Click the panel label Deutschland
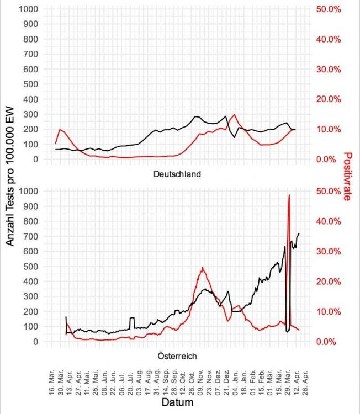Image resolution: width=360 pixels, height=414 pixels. click(176, 174)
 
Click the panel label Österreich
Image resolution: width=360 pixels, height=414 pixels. click(176, 356)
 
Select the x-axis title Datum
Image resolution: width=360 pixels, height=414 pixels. click(177, 403)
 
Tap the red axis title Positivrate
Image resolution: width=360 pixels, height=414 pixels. click(347, 177)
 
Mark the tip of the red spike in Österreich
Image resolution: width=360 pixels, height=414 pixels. click(289, 195)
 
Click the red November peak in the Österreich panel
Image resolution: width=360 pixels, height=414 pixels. click(203, 268)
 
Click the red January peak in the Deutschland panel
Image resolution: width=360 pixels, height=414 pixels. click(235, 115)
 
